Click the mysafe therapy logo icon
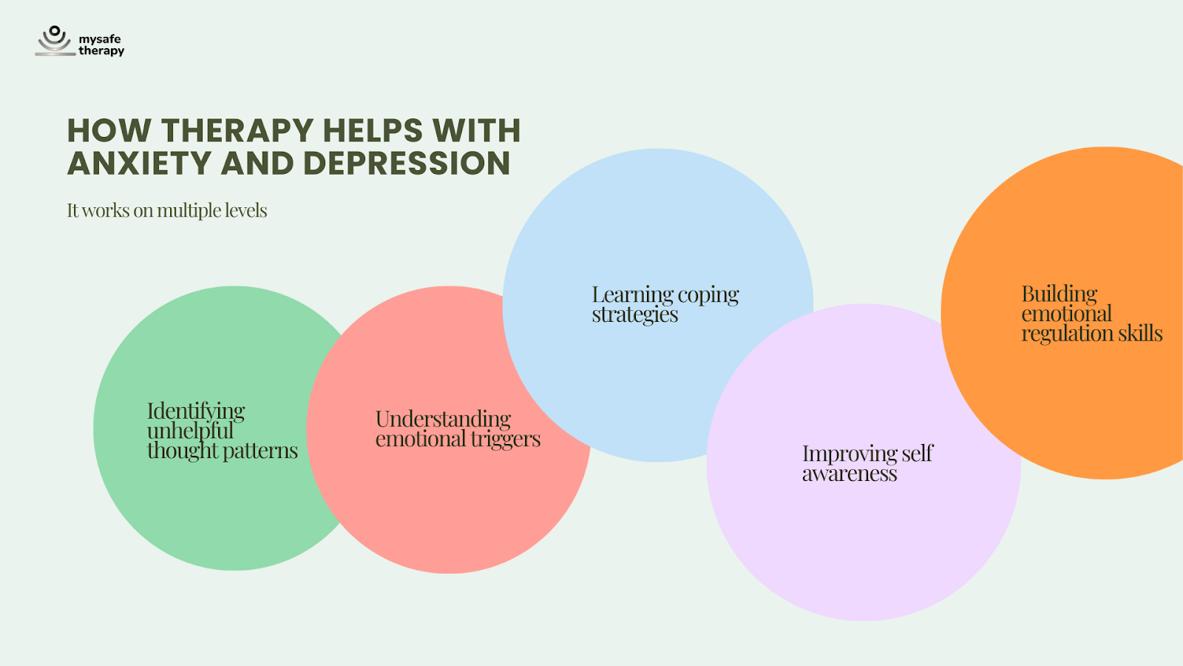54,41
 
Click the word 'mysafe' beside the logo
100,39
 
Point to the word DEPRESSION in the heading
407,164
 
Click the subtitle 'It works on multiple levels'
167,211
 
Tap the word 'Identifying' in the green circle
196,411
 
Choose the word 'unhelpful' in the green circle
190,431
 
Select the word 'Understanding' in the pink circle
443,420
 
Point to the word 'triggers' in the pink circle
506,440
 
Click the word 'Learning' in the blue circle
632,295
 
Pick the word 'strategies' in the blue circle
634,314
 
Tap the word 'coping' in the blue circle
708,295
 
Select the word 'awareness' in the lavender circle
850,474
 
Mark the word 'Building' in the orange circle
1060,294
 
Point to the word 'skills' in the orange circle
1140,334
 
